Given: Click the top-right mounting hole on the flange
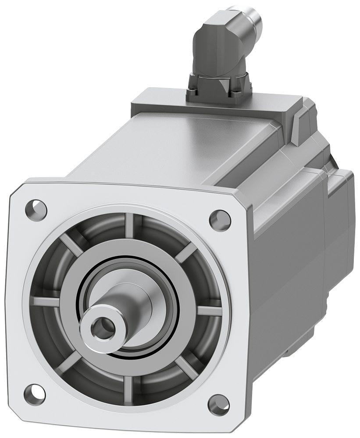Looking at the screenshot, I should [220, 220].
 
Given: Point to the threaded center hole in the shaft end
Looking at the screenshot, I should [103, 326].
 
